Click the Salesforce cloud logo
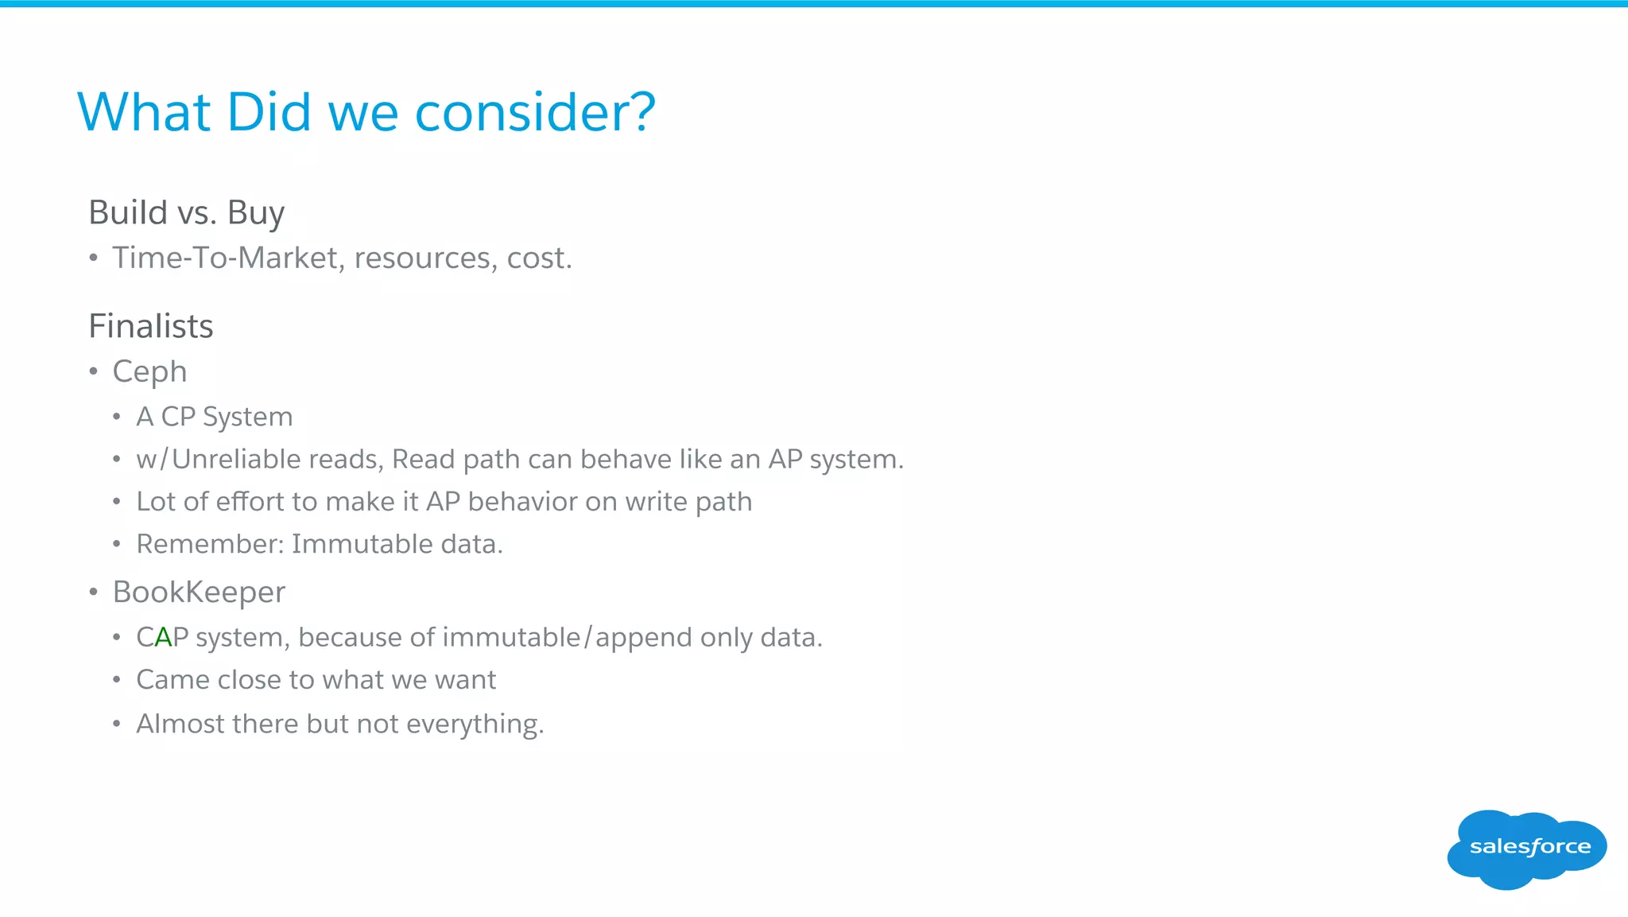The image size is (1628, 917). coord(1526,848)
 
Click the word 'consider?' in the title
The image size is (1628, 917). coord(535,112)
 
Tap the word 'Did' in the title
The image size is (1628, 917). coord(269,112)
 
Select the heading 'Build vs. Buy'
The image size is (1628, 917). coord(186,213)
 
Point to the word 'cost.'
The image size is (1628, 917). coord(539,258)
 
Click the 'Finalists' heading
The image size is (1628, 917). coord(151,326)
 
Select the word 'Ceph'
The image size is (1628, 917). coord(149,372)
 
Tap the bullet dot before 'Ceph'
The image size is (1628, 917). coord(94,371)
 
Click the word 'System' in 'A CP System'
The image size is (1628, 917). coord(247,417)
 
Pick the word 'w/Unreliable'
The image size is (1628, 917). coord(218,460)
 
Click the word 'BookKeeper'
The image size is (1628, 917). coord(199,593)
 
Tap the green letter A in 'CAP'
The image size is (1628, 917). coord(163,638)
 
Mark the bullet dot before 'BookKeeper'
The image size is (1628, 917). coord(94,593)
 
